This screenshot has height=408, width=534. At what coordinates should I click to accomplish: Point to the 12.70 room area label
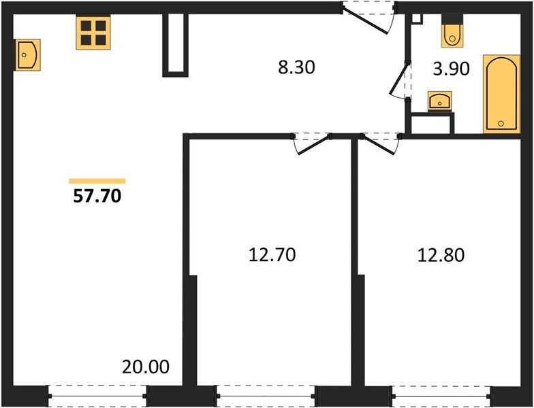pos(272,256)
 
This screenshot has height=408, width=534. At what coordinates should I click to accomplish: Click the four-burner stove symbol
pos(93,33)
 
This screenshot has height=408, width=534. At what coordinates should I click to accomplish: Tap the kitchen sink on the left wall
pos(27,54)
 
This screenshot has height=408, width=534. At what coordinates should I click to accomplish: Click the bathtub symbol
pos(501,95)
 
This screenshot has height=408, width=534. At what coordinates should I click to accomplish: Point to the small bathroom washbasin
pos(440,102)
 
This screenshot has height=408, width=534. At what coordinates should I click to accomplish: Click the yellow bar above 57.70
pos(97,181)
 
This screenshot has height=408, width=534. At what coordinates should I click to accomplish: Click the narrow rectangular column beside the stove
pos(175,44)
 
